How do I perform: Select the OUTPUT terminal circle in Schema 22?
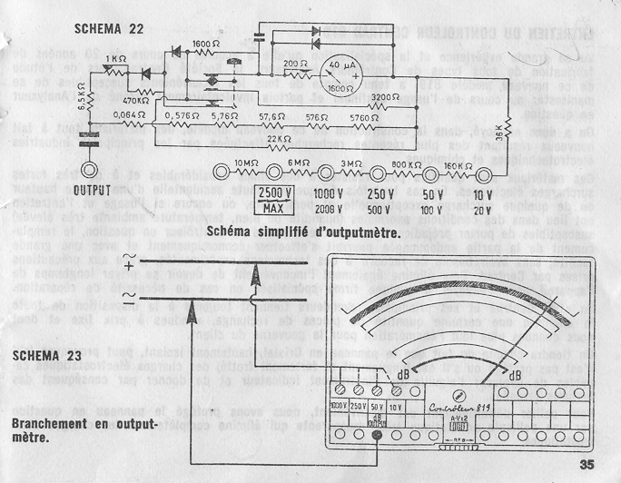point(89,170)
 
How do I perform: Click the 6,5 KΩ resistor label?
point(80,96)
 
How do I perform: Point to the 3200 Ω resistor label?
point(386,96)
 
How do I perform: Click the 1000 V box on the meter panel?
point(340,405)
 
